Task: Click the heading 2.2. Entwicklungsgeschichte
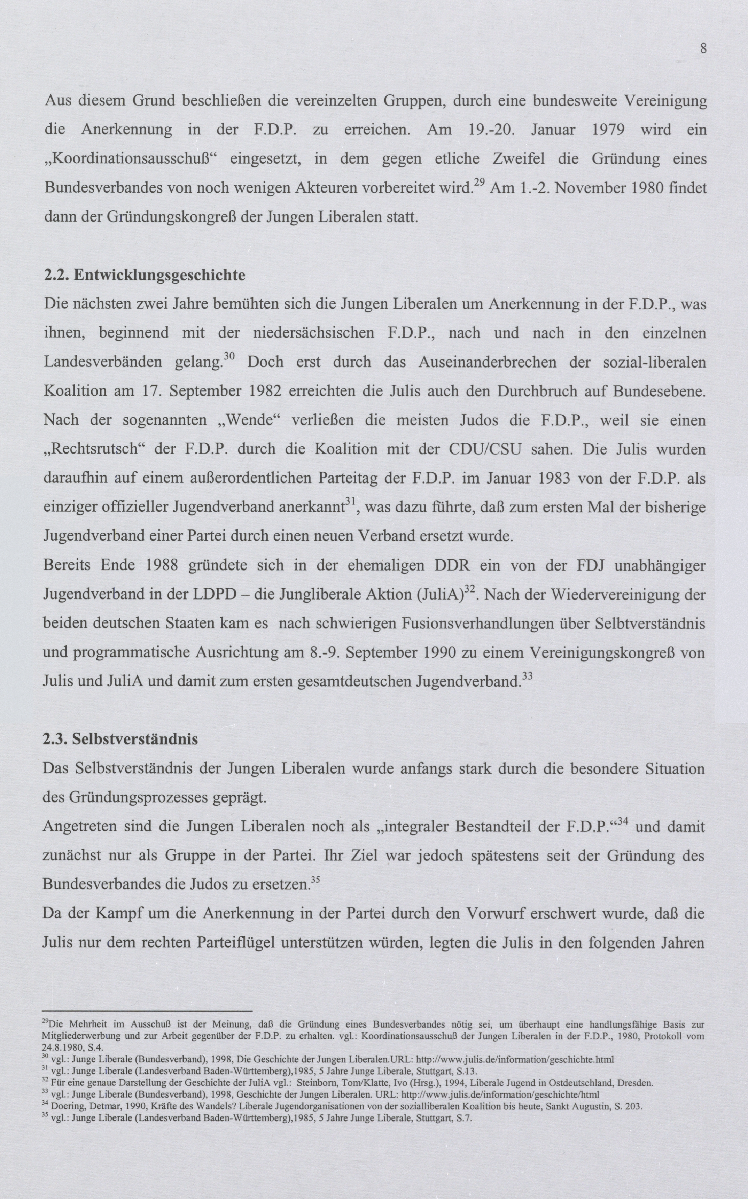tap(145, 275)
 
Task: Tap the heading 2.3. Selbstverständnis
tap(120, 739)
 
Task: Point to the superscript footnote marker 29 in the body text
tap(478, 183)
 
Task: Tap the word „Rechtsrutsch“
tap(94, 450)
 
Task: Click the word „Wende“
tap(249, 420)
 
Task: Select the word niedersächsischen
tap(314, 333)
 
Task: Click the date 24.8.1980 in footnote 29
tap(61, 1048)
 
